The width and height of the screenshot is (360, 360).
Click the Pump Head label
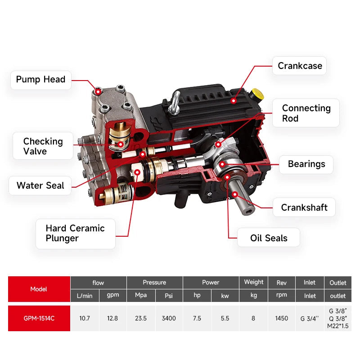pos(41,80)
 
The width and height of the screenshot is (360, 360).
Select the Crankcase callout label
pos(299,66)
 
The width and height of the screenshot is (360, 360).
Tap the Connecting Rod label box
pos(306,113)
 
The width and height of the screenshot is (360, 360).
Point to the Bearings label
pos(306,164)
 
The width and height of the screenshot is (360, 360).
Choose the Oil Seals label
pos(268,238)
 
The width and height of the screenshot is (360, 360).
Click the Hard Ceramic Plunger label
pos(76,234)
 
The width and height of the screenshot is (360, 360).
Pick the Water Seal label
pos(40,185)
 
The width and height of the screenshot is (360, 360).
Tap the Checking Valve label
pos(43,146)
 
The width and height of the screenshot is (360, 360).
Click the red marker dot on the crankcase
pos(234,100)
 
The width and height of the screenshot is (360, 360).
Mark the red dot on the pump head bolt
pos(98,92)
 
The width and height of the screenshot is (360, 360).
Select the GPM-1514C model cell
pos(39,318)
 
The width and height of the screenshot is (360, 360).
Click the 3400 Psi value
pos(169,318)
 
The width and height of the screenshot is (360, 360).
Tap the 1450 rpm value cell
pos(282,318)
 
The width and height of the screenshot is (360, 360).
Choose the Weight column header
pos(253,282)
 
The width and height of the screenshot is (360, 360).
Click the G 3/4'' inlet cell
pos(310,318)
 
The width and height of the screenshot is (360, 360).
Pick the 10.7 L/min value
pos(85,318)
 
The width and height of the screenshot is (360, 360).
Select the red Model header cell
pos(39,289)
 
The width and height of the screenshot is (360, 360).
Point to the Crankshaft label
pos(304,207)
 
